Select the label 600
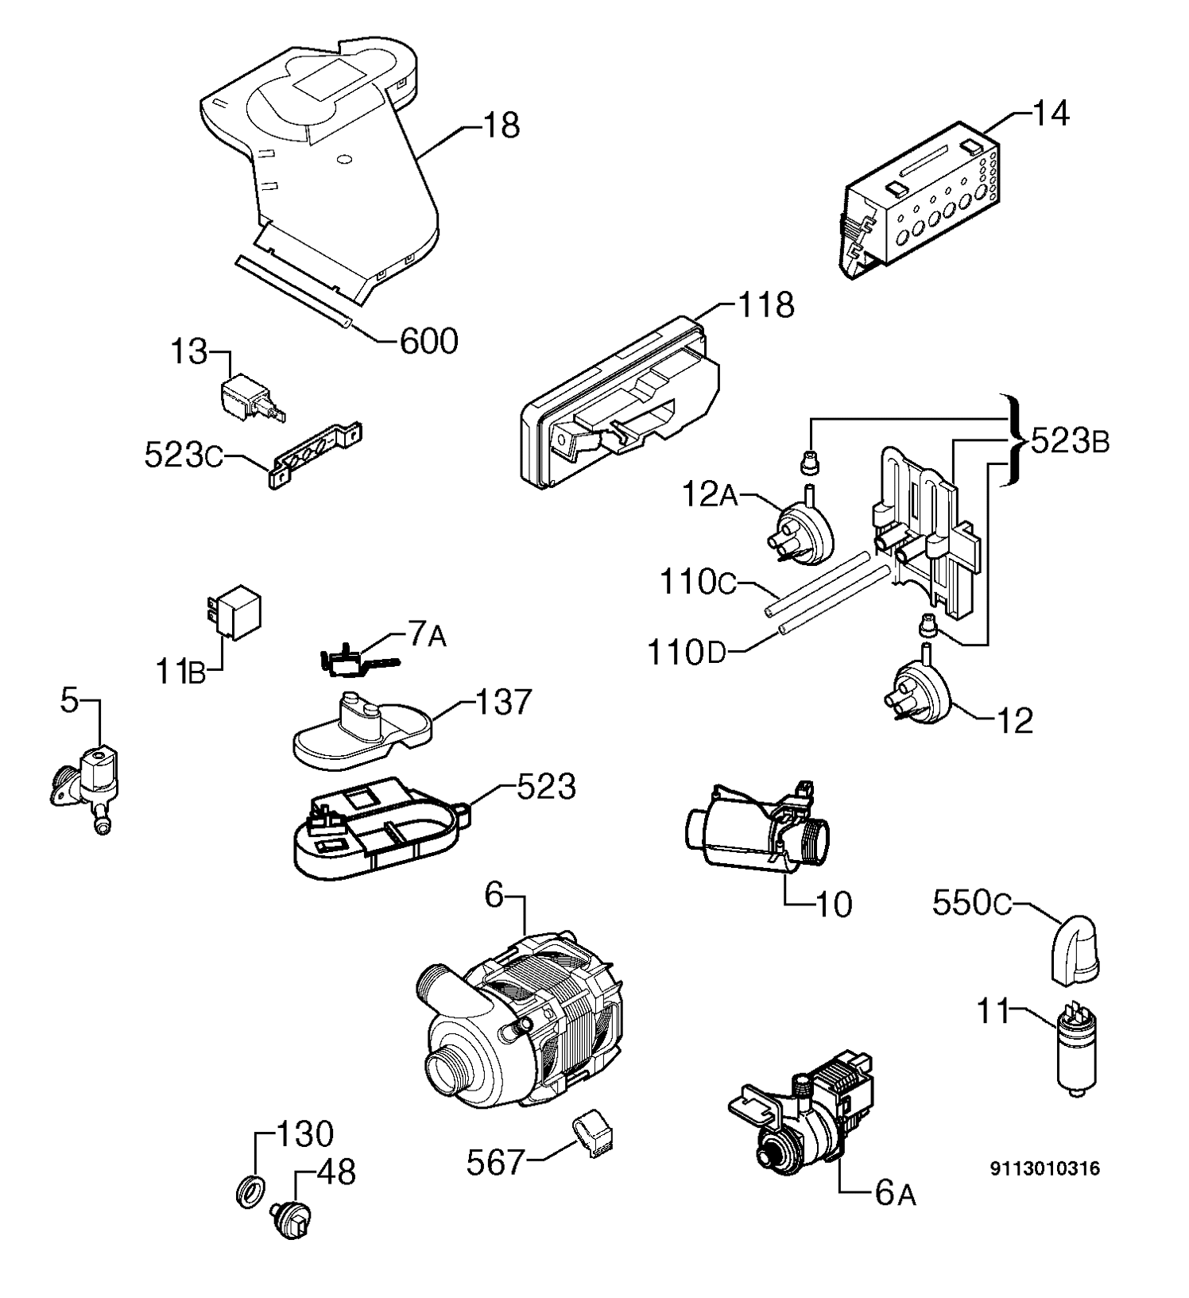(x=428, y=341)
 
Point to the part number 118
(x=766, y=304)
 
